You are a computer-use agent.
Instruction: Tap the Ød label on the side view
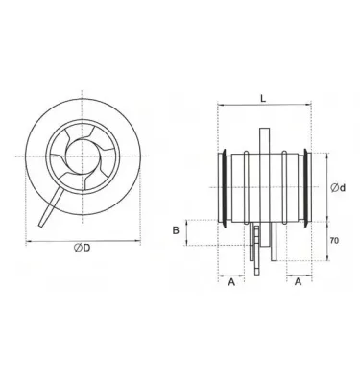click(334, 186)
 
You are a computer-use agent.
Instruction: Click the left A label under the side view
click(231, 283)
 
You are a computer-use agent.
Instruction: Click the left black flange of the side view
click(225, 186)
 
